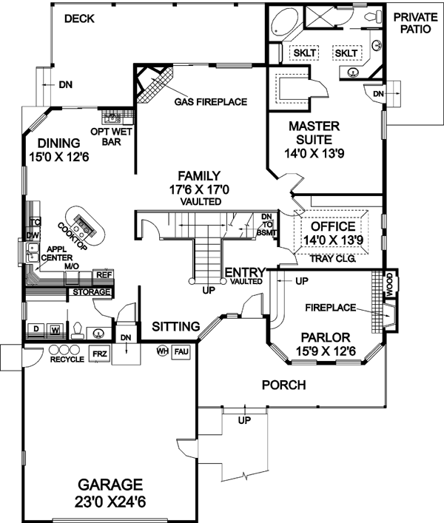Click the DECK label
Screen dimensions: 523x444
(79, 18)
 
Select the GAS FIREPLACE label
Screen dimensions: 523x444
(211, 101)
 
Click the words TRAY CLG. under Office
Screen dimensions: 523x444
(332, 260)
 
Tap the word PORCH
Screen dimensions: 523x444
(284, 385)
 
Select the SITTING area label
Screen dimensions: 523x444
(176, 326)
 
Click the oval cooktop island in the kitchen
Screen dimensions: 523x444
(82, 226)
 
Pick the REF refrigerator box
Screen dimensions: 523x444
(103, 274)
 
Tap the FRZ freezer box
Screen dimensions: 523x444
(99, 354)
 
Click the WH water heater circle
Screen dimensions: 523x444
(162, 352)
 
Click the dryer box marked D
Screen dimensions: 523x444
(35, 328)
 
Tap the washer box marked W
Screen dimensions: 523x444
(55, 328)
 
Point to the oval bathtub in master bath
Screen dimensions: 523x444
(281, 22)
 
